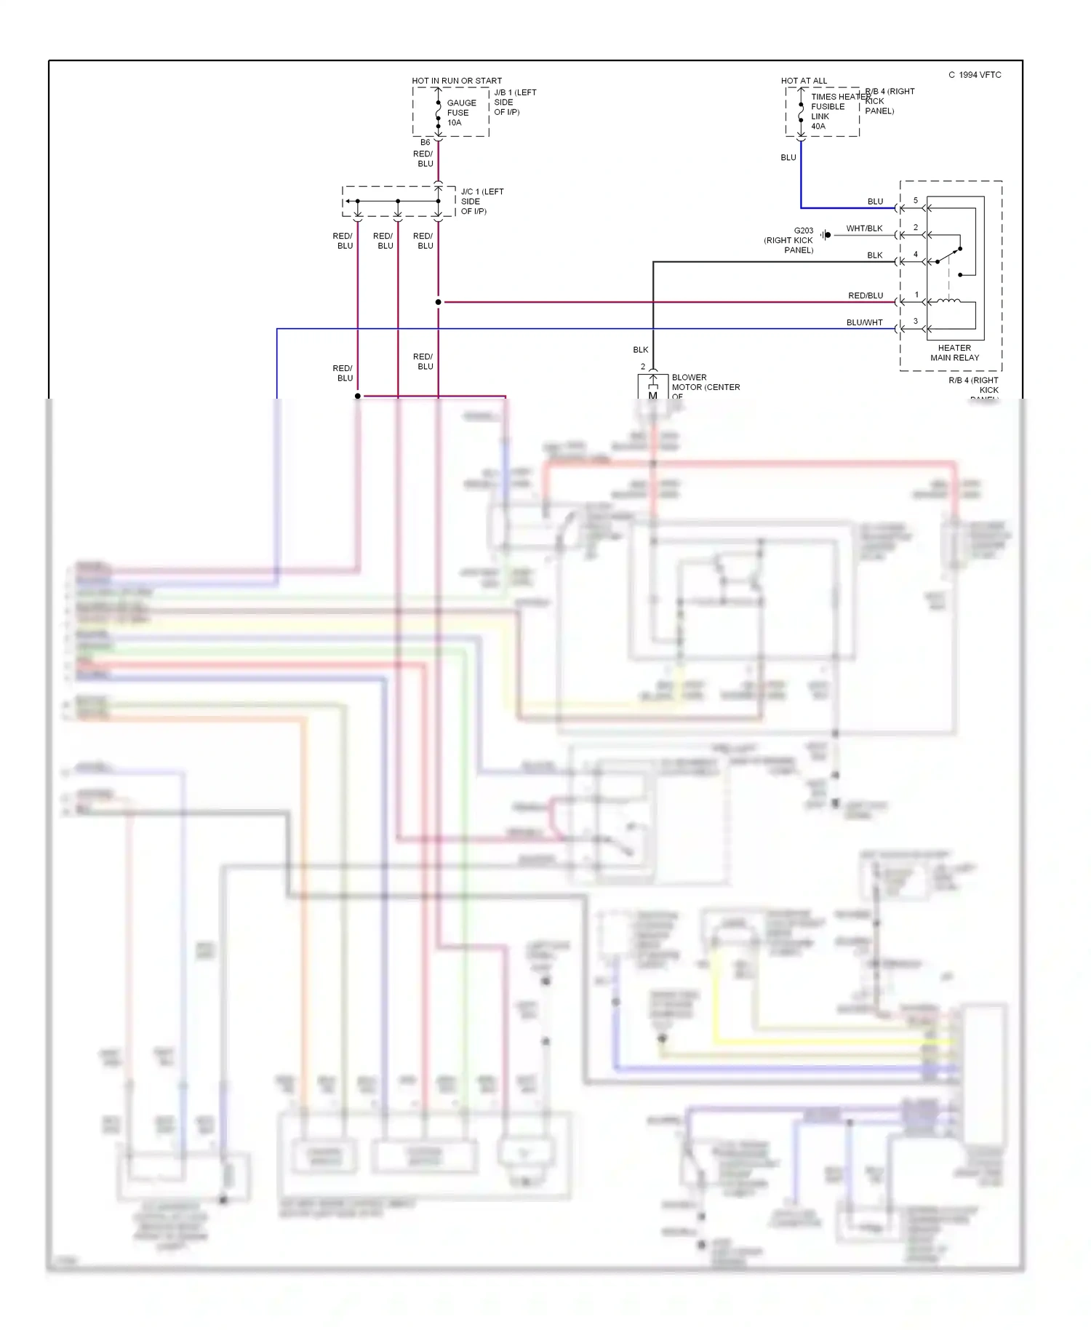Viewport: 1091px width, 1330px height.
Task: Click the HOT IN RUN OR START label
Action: pyautogui.click(x=457, y=81)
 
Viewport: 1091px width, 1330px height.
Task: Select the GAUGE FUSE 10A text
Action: pyautogui.click(x=461, y=113)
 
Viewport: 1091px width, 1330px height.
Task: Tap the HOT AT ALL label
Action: pyautogui.click(x=804, y=81)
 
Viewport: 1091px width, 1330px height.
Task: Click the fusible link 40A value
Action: pyautogui.click(x=818, y=127)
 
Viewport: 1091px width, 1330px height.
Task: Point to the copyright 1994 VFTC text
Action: pyautogui.click(x=975, y=75)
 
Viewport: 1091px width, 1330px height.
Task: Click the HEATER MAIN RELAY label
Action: pyautogui.click(x=954, y=353)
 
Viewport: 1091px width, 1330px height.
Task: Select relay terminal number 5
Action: pyautogui.click(x=916, y=200)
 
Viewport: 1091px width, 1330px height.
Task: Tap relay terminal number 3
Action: pyautogui.click(x=916, y=321)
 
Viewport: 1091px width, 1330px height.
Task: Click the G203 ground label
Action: pyautogui.click(x=803, y=231)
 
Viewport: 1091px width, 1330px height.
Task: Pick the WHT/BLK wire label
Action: pyautogui.click(x=864, y=228)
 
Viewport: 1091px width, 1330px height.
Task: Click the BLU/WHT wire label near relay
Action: pyautogui.click(x=864, y=322)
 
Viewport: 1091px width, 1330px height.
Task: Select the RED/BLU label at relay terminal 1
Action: pyautogui.click(x=866, y=295)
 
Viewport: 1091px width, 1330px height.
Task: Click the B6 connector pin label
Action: pyautogui.click(x=425, y=143)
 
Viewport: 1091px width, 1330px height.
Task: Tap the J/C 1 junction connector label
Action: pyautogui.click(x=482, y=202)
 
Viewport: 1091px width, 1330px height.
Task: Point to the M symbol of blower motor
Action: pyautogui.click(x=652, y=395)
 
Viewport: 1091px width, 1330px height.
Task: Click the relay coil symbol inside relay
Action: pyautogui.click(x=948, y=300)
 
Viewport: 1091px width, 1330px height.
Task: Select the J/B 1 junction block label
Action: pyautogui.click(x=514, y=102)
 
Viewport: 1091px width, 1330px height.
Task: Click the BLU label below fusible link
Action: pyautogui.click(x=788, y=157)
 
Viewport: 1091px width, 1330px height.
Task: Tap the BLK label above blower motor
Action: pyautogui.click(x=640, y=350)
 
